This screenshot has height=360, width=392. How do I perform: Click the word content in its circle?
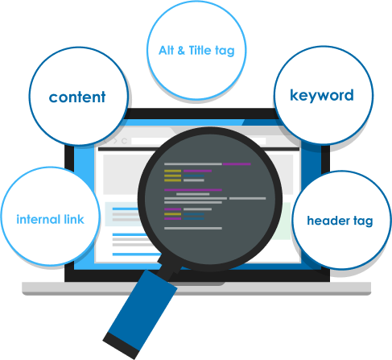click(x=77, y=97)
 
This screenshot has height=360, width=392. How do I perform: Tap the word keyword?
click(x=322, y=96)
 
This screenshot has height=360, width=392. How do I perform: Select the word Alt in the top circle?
click(x=166, y=51)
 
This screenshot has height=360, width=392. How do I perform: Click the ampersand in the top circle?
click(x=181, y=51)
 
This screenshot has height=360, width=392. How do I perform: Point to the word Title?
click(x=200, y=51)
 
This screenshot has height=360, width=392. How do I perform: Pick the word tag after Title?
click(x=225, y=52)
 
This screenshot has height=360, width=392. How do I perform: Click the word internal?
click(x=39, y=219)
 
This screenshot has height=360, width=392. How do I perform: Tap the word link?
click(x=74, y=219)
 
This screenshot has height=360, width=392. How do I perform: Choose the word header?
click(x=328, y=221)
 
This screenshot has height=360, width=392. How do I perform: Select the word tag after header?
click(x=363, y=221)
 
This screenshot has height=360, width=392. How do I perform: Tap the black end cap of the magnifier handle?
click(x=122, y=346)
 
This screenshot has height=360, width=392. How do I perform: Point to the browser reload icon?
click(x=124, y=141)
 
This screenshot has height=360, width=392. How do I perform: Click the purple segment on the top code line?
click(x=237, y=163)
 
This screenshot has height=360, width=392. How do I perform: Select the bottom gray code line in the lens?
click(x=193, y=228)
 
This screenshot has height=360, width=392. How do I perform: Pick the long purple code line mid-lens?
click(x=193, y=190)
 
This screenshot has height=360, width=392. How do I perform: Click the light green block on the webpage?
click(x=284, y=221)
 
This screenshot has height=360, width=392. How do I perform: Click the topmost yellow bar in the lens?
click(x=172, y=171)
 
